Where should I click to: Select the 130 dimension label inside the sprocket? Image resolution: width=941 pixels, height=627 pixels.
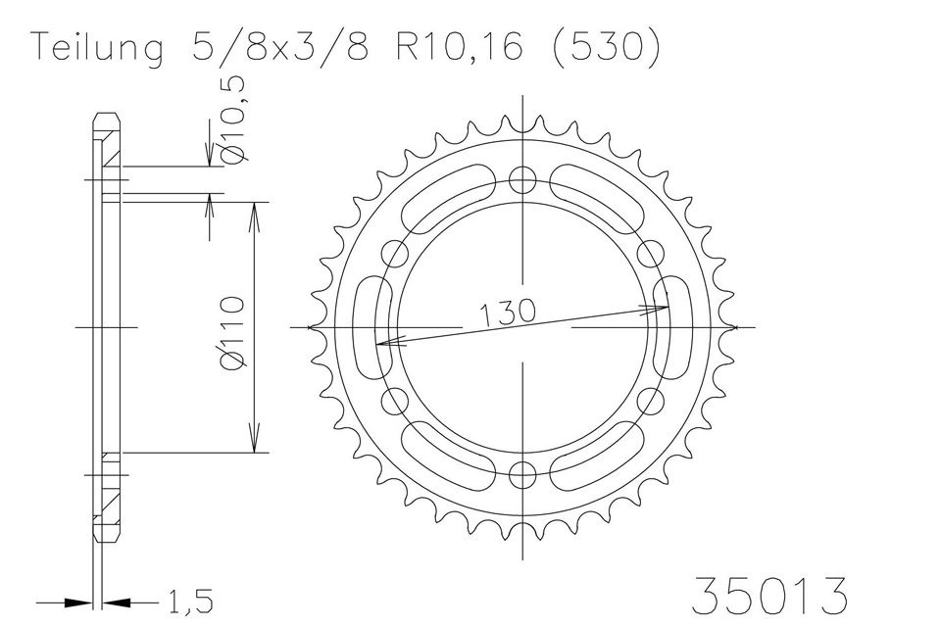click(x=508, y=313)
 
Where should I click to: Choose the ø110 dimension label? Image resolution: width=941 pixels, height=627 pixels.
click(x=232, y=333)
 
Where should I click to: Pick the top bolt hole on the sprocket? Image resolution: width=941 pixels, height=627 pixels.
click(x=524, y=179)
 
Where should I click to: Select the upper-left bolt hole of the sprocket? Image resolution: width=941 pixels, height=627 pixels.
click(x=397, y=254)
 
